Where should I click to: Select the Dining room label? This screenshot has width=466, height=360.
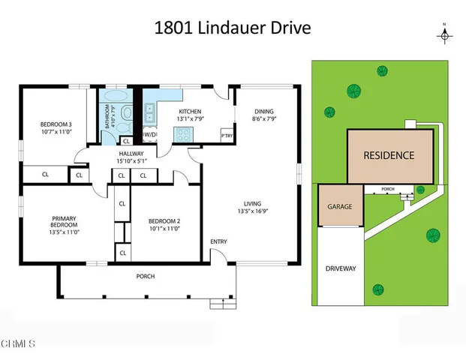pyautogui.click(x=265, y=115)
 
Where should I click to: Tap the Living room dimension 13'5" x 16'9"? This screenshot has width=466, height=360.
pyautogui.click(x=258, y=211)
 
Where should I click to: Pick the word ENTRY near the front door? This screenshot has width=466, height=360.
pyautogui.click(x=218, y=241)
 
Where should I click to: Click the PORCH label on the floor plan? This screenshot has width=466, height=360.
pyautogui.click(x=146, y=276)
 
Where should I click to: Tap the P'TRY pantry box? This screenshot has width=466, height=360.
pyautogui.click(x=226, y=135)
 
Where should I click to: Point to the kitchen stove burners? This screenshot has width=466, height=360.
pyautogui.click(x=182, y=134)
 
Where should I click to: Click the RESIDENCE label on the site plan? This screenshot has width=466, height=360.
pyautogui.click(x=389, y=156)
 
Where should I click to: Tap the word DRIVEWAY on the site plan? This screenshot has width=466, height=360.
pyautogui.click(x=341, y=268)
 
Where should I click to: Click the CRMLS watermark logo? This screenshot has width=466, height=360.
pyautogui.click(x=18, y=344)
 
